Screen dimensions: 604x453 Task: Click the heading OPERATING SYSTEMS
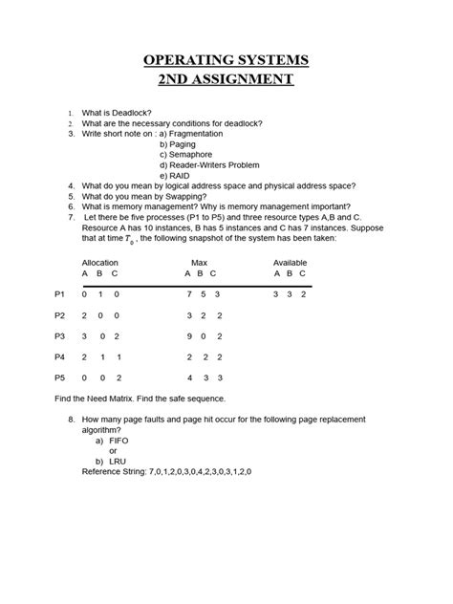[226, 61]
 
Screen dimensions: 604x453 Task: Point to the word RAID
[183, 175]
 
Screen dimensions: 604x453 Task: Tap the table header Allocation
[101, 261]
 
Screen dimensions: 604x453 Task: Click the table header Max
[200, 261]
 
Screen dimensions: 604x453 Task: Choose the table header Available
[290, 261]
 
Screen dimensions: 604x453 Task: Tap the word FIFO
[120, 441]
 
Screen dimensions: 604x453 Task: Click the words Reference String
[115, 471]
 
